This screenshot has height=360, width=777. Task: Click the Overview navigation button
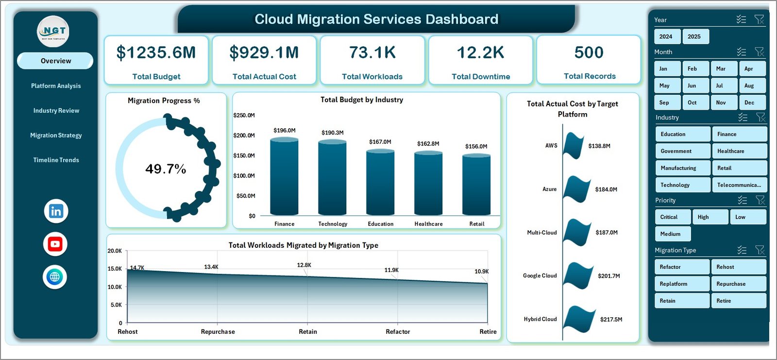[x=55, y=61]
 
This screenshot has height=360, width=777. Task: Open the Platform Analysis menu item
[x=56, y=86]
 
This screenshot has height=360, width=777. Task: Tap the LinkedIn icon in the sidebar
[x=56, y=211]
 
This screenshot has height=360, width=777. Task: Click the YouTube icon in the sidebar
[x=55, y=244]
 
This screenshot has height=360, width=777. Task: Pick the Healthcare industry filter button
[x=739, y=151]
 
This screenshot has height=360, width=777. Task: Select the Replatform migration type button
[x=681, y=284]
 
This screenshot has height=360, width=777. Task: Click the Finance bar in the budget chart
[x=284, y=177]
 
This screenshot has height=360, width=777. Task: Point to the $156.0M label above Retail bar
[x=476, y=146]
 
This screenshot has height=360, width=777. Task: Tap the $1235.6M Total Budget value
[x=156, y=52]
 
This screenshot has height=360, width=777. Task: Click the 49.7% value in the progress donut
[x=166, y=169]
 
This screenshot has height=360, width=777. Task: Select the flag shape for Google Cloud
[x=578, y=275]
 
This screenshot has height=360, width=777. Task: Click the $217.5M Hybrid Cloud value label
[x=611, y=319]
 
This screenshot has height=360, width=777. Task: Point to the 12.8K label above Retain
[x=304, y=265]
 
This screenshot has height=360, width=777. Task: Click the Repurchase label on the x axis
[x=218, y=332]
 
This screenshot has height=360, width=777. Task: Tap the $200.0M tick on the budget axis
[x=244, y=135]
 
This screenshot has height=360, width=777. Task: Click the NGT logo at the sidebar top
[x=54, y=31]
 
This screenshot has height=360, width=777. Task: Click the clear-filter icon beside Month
[x=760, y=51]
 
